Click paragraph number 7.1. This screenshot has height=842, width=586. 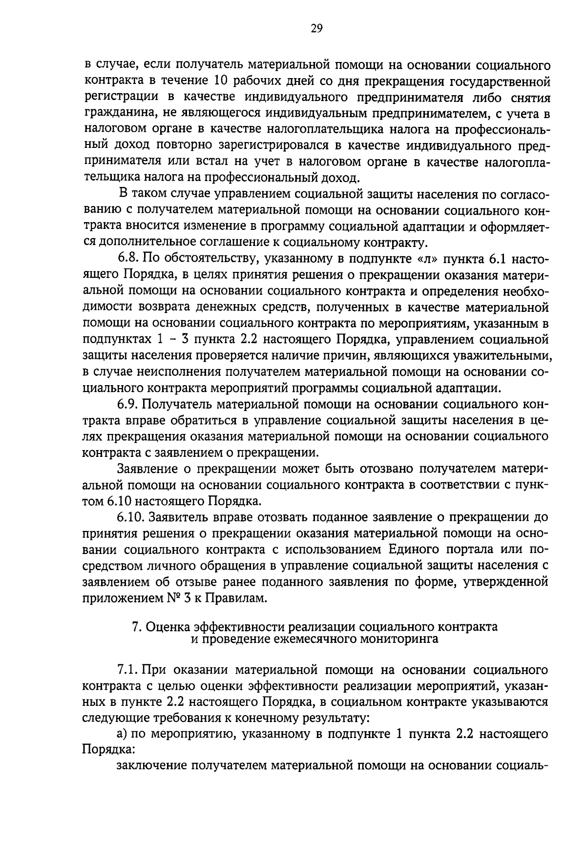point(128,670)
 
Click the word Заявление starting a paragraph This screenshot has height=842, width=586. point(147,469)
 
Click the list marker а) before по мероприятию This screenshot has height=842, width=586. point(122,735)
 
